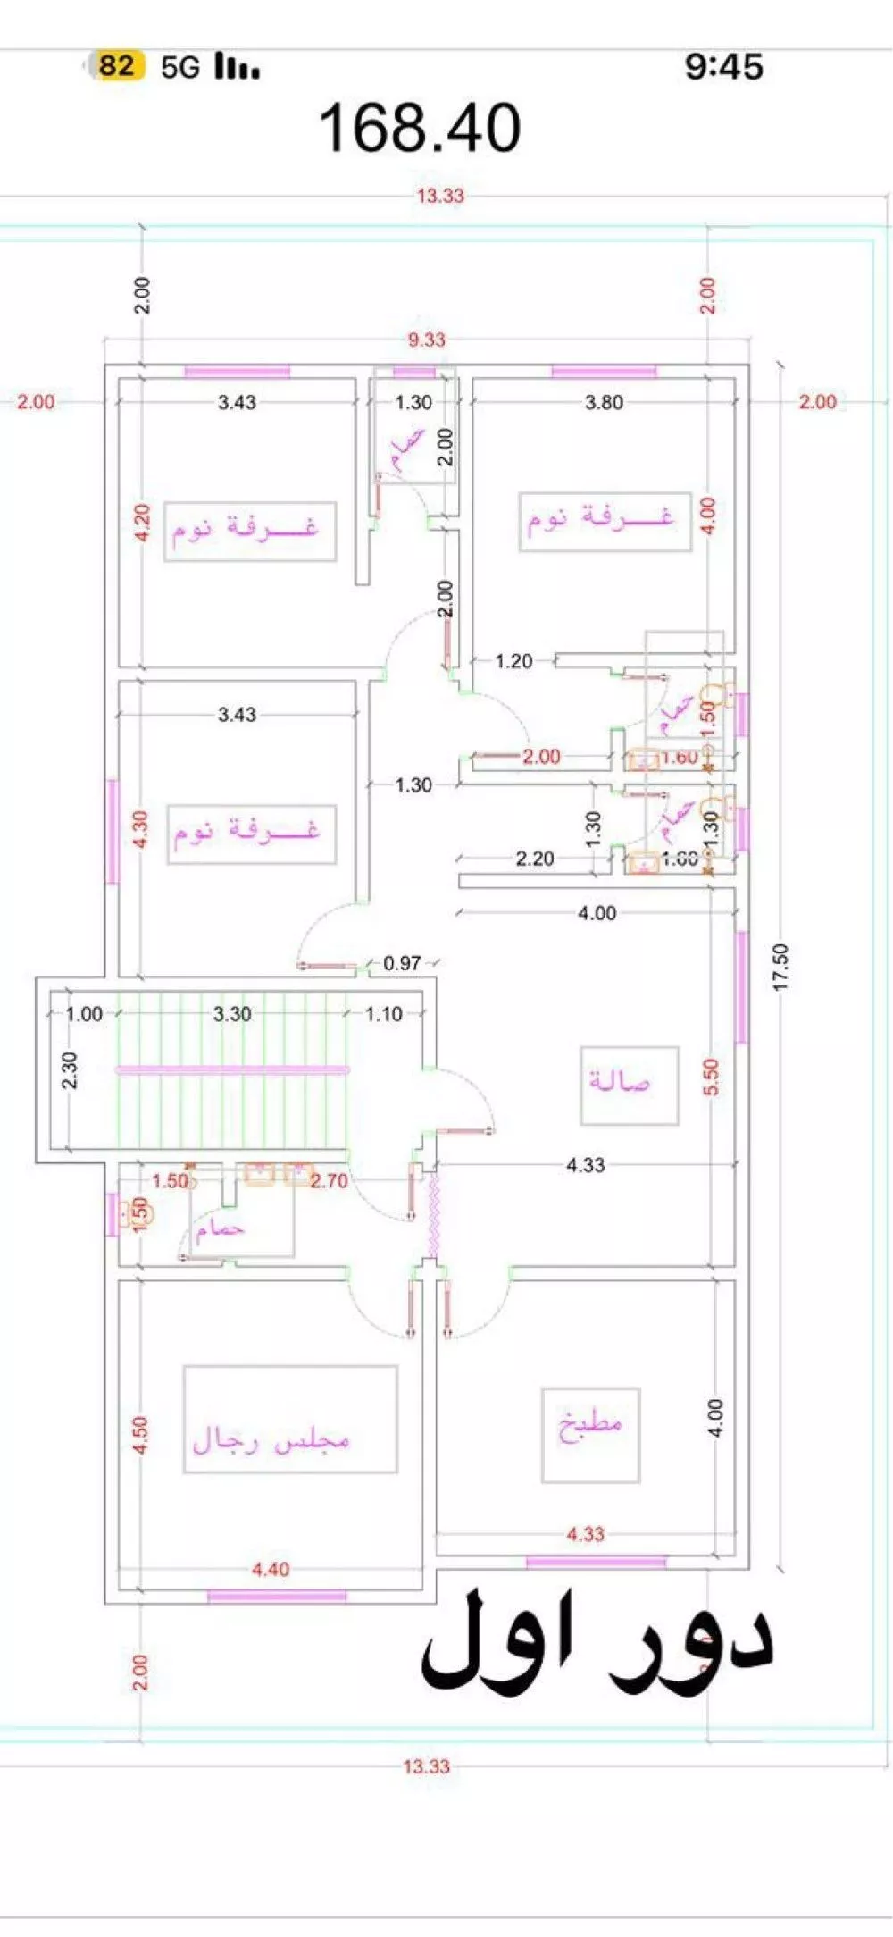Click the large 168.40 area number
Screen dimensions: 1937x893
tap(420, 128)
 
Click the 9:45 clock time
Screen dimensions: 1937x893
tap(723, 66)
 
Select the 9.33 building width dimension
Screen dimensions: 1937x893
tap(426, 340)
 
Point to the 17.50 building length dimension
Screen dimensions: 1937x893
tap(781, 967)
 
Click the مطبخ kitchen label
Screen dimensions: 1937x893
tap(590, 1421)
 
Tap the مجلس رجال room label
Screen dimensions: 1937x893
tap(271, 1439)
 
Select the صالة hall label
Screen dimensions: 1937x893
tap(619, 1081)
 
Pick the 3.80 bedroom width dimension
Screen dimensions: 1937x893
tap(604, 402)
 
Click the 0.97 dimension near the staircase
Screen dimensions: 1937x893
tap(402, 963)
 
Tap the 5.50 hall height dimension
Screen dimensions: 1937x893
tap(711, 1078)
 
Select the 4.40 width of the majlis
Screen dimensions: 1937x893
tap(270, 1569)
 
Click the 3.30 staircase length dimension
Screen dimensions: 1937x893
tap(232, 1014)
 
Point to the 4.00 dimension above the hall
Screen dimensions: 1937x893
tap(597, 913)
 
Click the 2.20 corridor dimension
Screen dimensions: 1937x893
tap(534, 859)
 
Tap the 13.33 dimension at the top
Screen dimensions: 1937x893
tap(440, 196)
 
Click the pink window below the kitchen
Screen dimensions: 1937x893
tap(596, 1562)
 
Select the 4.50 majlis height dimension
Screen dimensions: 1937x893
tap(140, 1435)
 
